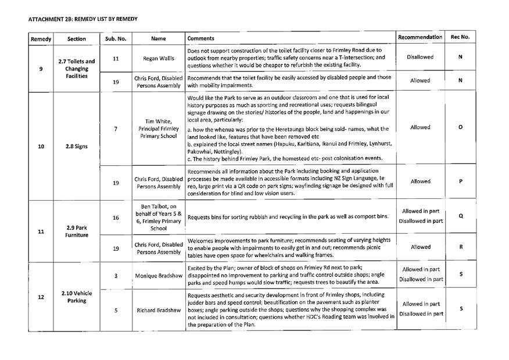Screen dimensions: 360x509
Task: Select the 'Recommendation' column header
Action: point(420,37)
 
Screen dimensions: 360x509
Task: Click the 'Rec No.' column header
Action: point(460,37)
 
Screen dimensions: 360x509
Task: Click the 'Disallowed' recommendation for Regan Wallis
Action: point(420,58)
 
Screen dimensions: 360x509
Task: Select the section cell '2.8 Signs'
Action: point(77,147)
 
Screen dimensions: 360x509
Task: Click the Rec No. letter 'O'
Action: point(460,127)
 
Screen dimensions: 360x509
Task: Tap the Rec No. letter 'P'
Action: point(460,181)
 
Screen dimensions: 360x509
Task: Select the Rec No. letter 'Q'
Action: point(460,216)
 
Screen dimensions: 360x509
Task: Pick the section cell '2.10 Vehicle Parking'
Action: point(77,297)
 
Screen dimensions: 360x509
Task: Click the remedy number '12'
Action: point(41,297)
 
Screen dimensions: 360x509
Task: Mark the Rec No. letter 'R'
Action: point(460,247)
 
